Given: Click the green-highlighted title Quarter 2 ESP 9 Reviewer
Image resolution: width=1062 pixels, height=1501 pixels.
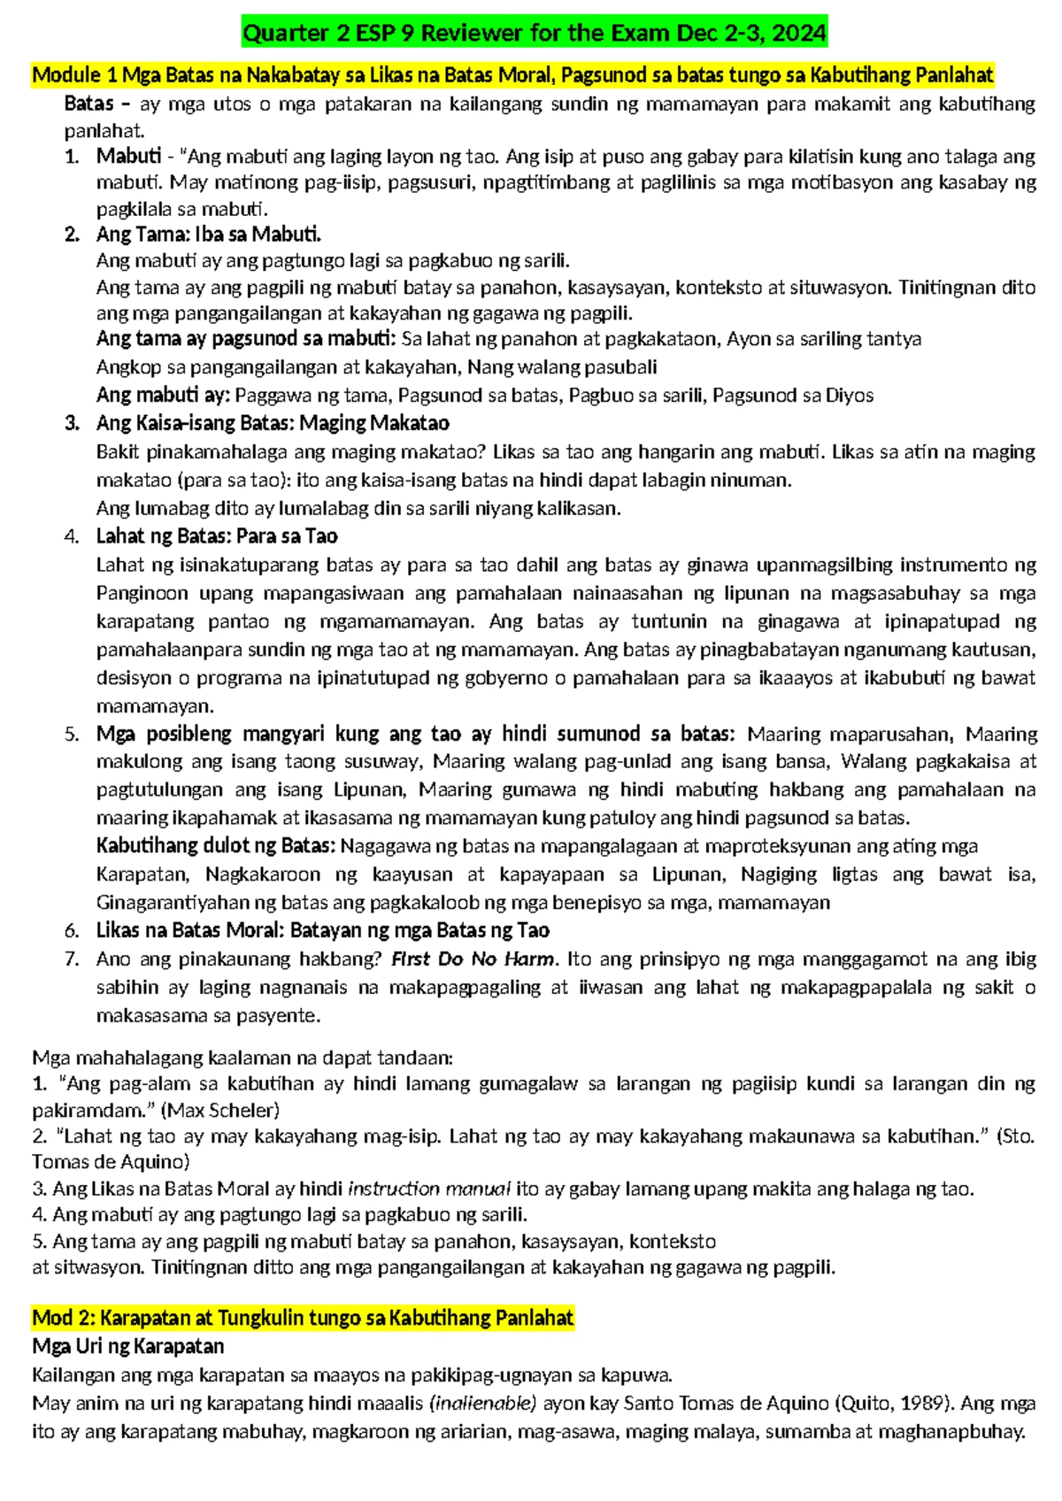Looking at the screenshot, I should coord(535,34).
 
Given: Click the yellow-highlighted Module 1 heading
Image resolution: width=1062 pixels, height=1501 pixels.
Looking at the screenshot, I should coord(513,75).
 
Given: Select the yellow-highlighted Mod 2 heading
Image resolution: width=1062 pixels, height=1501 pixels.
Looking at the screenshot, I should coord(303,1318).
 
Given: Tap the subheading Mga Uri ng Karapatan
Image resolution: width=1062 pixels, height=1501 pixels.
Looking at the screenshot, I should coord(128,1346).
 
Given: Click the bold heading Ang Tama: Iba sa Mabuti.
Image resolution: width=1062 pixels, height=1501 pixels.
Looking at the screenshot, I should coord(209,235).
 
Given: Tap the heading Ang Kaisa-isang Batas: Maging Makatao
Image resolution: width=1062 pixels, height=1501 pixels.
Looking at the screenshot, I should coord(273,423).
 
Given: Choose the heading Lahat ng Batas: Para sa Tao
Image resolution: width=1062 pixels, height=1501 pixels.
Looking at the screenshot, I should coord(217,536).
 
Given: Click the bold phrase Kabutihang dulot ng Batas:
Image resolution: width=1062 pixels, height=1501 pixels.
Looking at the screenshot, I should coord(216,846).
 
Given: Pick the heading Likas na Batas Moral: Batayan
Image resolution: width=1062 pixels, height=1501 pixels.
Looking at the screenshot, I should coord(323,930).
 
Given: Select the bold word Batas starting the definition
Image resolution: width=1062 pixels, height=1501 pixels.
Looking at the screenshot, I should coord(88,104).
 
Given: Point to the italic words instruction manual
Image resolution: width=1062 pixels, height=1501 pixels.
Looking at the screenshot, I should coord(429,1189).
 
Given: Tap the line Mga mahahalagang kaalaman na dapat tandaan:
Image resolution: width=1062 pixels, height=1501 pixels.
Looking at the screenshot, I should coord(242,1058).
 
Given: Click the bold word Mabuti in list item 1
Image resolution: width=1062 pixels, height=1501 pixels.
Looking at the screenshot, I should coord(128,157).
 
